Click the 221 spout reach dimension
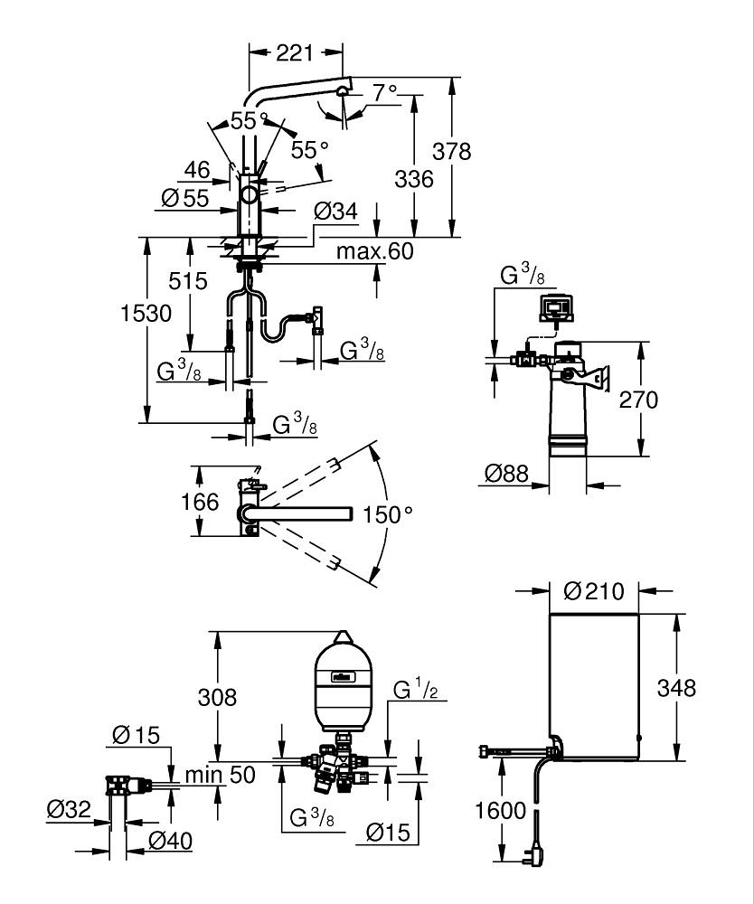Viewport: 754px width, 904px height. pyautogui.click(x=295, y=53)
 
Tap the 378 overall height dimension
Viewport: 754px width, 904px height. pyautogui.click(x=452, y=151)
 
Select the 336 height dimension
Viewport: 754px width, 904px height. pyautogui.click(x=414, y=178)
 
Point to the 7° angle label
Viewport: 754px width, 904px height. pyautogui.click(x=385, y=91)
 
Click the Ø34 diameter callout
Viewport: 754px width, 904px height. pyautogui.click(x=335, y=212)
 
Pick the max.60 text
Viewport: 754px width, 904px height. pyautogui.click(x=374, y=251)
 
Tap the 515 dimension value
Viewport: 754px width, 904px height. pyautogui.click(x=188, y=282)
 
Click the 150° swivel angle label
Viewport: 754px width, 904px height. pyautogui.click(x=388, y=513)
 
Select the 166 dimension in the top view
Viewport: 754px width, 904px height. pyautogui.click(x=200, y=501)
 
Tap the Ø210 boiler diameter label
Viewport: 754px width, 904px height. pyautogui.click(x=594, y=591)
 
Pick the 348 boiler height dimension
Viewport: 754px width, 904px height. pyautogui.click(x=677, y=688)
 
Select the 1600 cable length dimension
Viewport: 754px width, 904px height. pyautogui.click(x=500, y=810)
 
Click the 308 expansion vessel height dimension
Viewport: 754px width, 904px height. pyautogui.click(x=217, y=697)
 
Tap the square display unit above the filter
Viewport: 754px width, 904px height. pyautogui.click(x=555, y=307)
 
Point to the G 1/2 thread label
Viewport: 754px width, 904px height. pyautogui.click(x=415, y=691)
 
